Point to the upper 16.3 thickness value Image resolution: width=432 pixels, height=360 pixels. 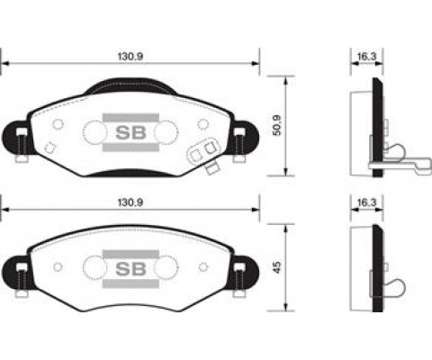point(364,56)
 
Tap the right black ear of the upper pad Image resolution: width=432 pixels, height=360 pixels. point(244,138)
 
